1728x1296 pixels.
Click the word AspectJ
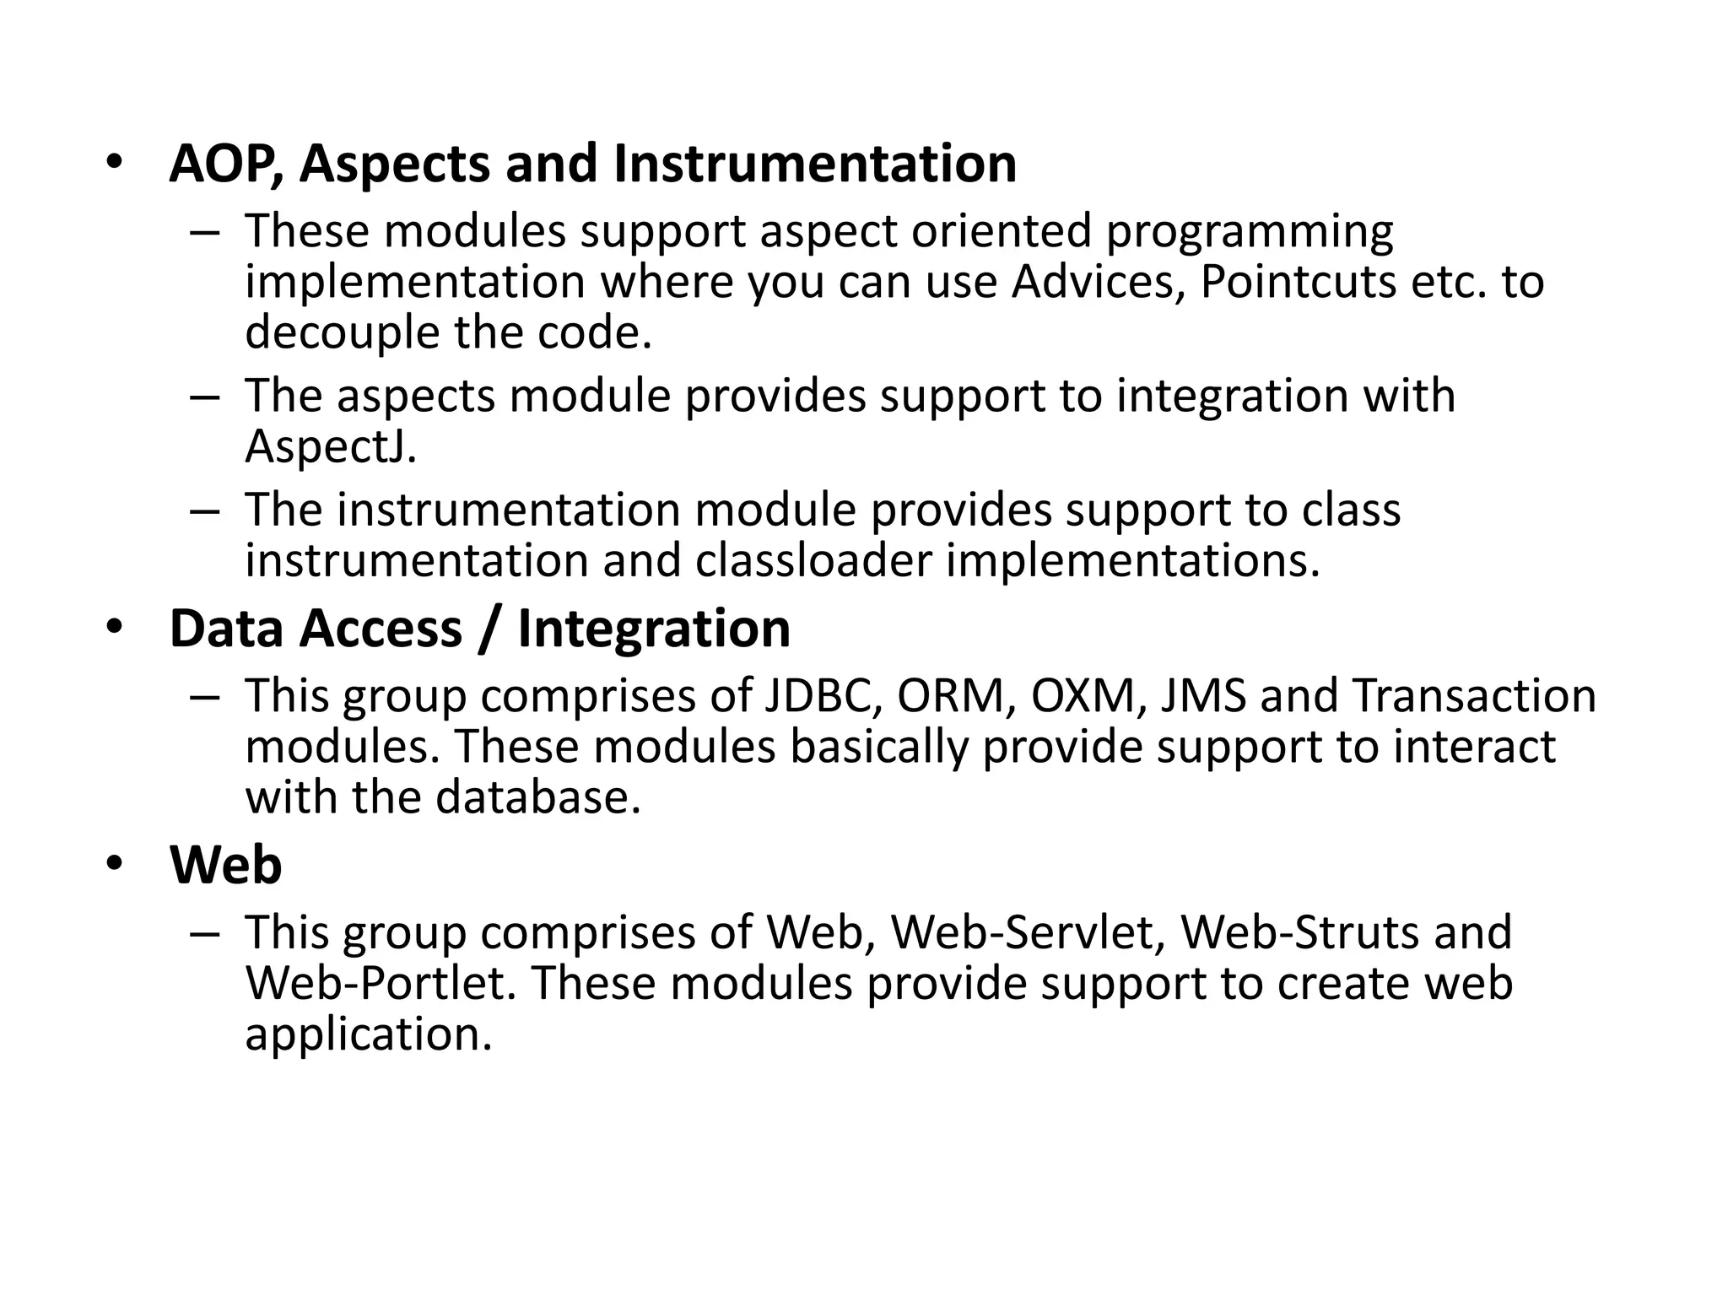pyautogui.click(x=331, y=447)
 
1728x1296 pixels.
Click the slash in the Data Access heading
pyautogui.click(x=489, y=629)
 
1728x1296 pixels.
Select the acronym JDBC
pyautogui.click(x=823, y=696)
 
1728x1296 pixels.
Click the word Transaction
pyautogui.click(x=1475, y=696)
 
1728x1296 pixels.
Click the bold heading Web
pyautogui.click(x=225, y=866)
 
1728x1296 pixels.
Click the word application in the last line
pyautogui.click(x=368, y=1035)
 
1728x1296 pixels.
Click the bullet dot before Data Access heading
pyautogui.click(x=115, y=627)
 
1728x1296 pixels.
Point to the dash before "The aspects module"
pyautogui.click(x=205, y=397)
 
